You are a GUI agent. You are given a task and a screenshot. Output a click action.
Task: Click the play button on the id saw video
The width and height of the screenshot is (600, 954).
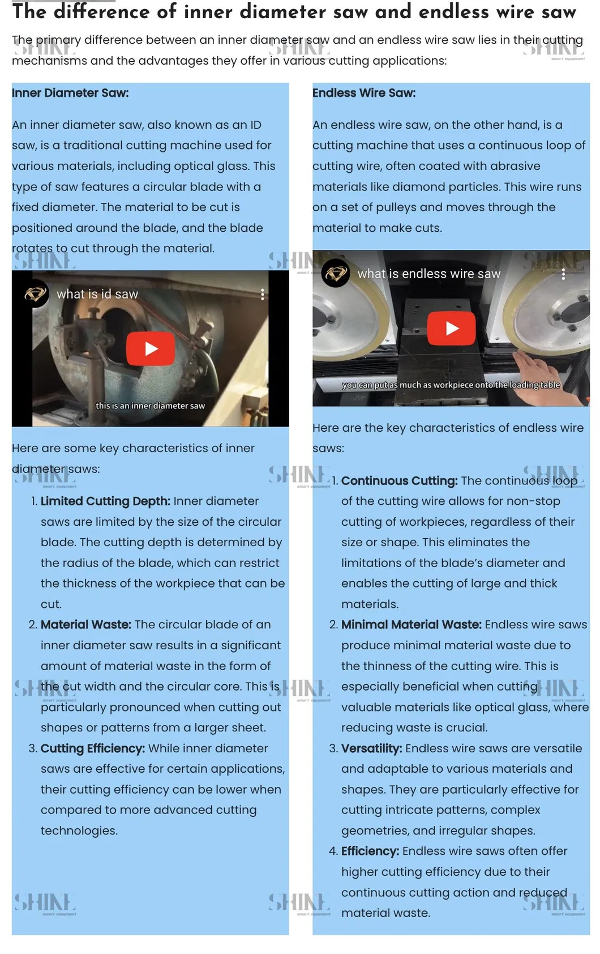click(150, 349)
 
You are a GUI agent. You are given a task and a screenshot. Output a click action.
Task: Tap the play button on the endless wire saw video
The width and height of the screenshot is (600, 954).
click(451, 328)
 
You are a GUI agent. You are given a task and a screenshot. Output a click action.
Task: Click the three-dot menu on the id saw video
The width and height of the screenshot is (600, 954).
click(263, 294)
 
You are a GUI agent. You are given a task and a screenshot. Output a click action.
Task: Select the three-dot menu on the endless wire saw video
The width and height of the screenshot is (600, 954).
click(563, 274)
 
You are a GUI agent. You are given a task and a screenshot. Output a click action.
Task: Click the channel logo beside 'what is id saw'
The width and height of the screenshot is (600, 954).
click(35, 294)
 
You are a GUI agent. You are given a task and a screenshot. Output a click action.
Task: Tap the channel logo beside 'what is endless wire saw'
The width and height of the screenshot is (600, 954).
click(336, 273)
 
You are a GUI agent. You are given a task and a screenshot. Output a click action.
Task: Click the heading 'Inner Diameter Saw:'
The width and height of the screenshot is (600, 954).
click(70, 93)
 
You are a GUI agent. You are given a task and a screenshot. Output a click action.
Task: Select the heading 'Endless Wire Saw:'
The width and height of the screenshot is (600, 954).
click(364, 93)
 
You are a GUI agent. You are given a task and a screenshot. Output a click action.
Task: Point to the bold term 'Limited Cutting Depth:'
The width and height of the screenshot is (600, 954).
click(105, 501)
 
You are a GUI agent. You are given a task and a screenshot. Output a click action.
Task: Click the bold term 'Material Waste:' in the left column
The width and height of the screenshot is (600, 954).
click(86, 625)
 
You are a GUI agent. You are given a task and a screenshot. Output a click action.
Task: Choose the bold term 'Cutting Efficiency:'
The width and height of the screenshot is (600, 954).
click(93, 748)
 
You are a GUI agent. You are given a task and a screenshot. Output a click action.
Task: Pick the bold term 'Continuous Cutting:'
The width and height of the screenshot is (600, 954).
click(399, 481)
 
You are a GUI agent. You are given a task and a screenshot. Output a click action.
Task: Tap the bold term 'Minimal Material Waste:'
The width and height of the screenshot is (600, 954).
click(411, 625)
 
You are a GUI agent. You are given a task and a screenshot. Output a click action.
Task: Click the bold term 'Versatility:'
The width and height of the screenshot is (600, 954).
click(371, 748)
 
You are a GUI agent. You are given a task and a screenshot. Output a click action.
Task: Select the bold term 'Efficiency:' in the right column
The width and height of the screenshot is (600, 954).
click(370, 851)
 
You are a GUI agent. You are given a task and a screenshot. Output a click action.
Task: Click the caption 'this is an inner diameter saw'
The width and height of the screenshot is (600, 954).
click(150, 406)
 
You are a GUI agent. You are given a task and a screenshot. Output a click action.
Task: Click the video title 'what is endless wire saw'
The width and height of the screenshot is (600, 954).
click(429, 274)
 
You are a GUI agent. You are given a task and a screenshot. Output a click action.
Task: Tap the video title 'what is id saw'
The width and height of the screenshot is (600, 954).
click(97, 294)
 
